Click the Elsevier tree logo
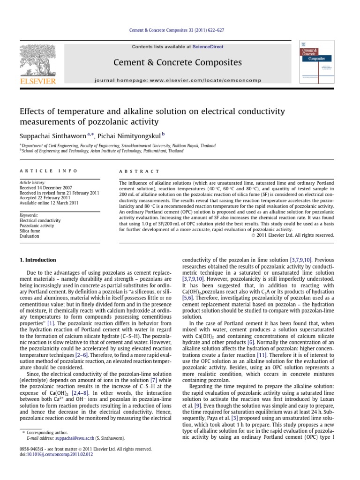37,61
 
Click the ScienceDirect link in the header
210,47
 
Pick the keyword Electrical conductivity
40,220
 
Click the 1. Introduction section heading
37,260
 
